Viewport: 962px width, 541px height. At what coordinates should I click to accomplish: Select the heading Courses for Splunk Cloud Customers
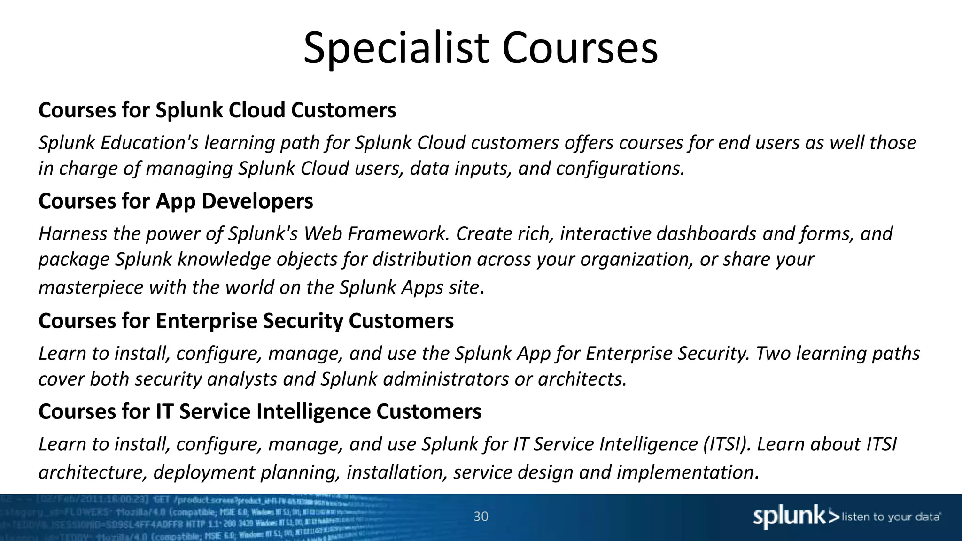click(x=217, y=110)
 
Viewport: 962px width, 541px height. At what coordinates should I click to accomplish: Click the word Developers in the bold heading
click(x=257, y=201)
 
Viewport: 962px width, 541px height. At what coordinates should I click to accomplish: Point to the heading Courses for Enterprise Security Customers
click(x=246, y=321)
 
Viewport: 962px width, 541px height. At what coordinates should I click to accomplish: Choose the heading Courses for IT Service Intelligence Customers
click(x=260, y=412)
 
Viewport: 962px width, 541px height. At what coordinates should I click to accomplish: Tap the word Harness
click(x=73, y=233)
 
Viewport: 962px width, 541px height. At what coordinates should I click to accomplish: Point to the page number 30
click(x=481, y=517)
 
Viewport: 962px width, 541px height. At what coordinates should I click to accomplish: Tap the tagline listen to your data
click(x=891, y=517)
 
